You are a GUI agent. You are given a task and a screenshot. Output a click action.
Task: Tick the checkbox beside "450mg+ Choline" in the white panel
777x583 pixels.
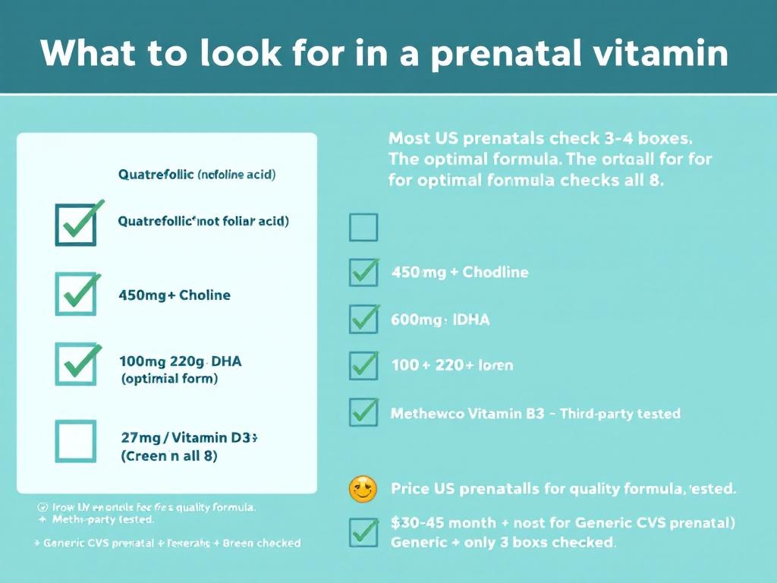point(76,295)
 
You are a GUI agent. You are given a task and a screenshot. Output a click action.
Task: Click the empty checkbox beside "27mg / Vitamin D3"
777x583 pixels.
point(76,441)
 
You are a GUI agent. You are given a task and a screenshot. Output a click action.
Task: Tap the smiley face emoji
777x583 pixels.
point(363,489)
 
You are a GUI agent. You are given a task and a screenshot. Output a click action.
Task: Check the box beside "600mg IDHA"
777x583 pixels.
point(363,320)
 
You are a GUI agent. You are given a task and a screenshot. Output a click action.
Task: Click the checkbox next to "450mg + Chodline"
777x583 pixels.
point(363,273)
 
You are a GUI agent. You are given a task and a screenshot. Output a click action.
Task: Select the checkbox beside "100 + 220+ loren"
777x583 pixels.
point(363,366)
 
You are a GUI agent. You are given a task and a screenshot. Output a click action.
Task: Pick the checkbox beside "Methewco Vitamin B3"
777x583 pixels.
point(363,412)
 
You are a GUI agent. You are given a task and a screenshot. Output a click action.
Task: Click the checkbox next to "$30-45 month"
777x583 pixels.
point(363,531)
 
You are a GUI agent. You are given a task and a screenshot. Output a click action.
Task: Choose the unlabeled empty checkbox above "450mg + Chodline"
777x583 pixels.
point(363,227)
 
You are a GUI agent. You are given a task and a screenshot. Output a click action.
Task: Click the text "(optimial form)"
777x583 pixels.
point(169,379)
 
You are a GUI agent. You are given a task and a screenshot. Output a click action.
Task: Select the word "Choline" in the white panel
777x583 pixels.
point(204,295)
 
